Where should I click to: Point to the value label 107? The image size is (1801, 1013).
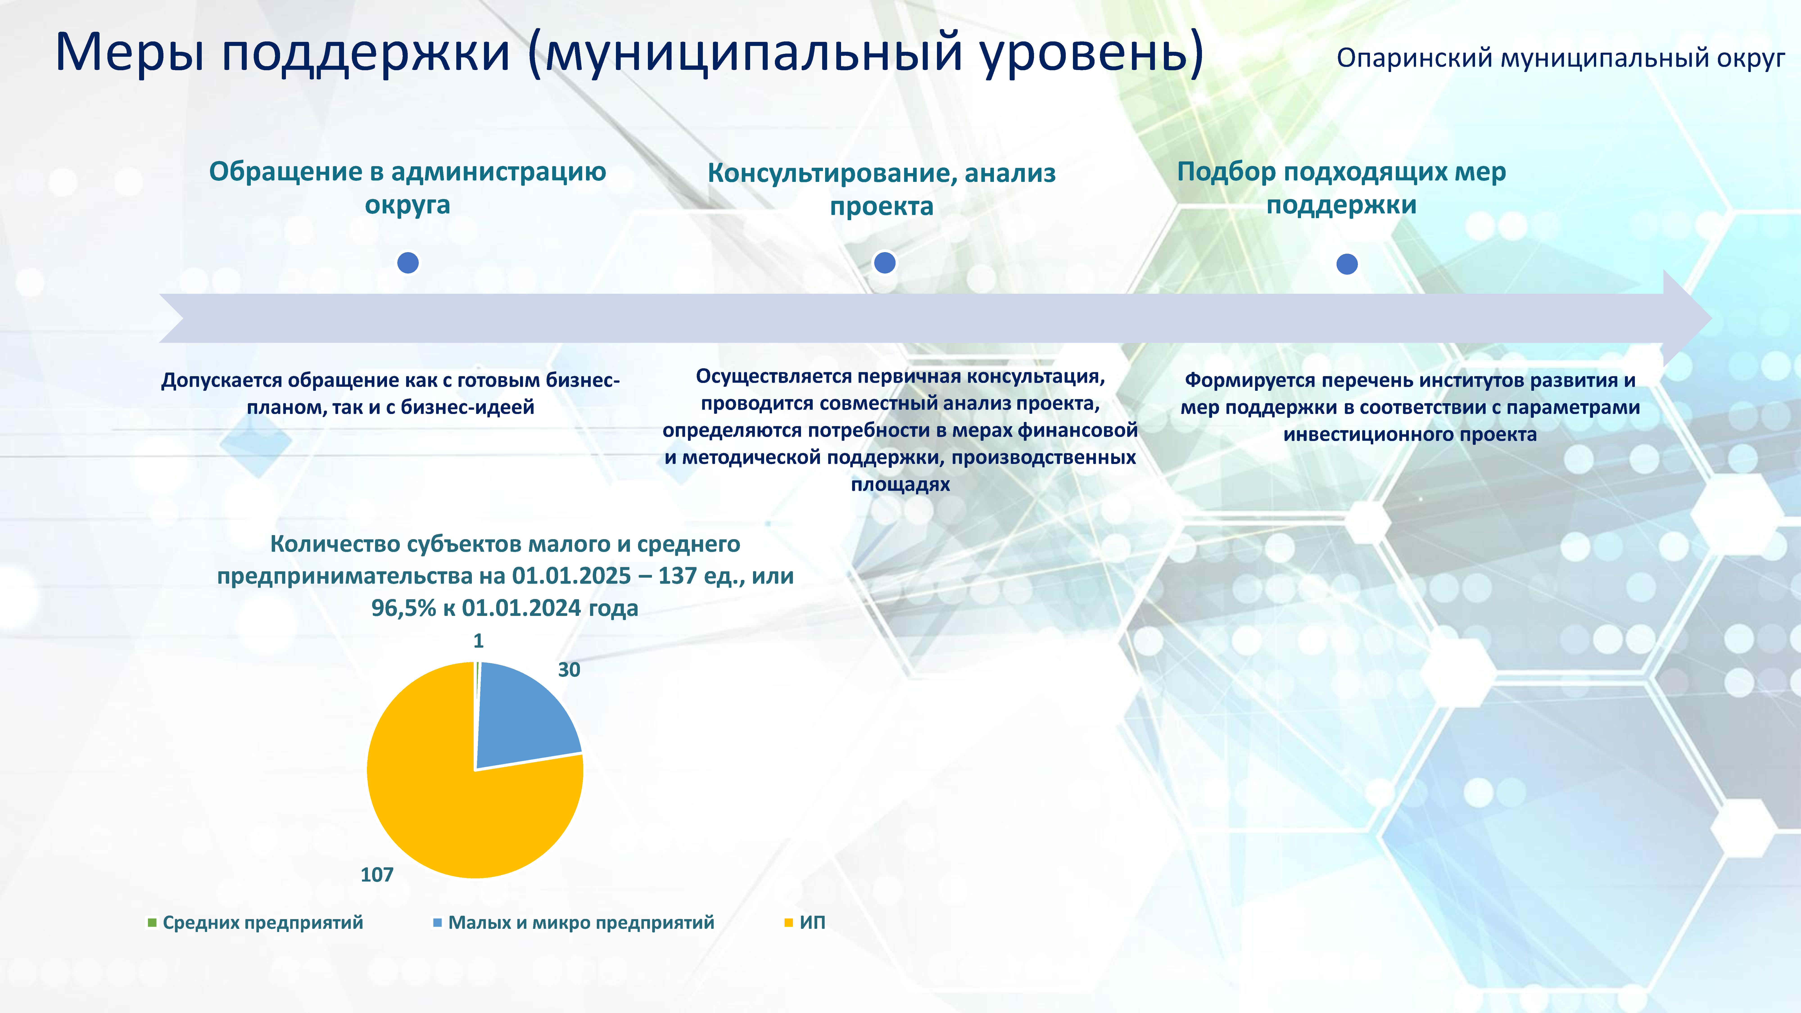click(x=377, y=875)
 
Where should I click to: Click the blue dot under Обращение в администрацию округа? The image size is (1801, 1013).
click(x=408, y=263)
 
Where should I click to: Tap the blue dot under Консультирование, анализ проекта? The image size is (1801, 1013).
click(x=885, y=263)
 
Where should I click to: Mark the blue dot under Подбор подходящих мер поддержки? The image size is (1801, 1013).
click(x=1346, y=264)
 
